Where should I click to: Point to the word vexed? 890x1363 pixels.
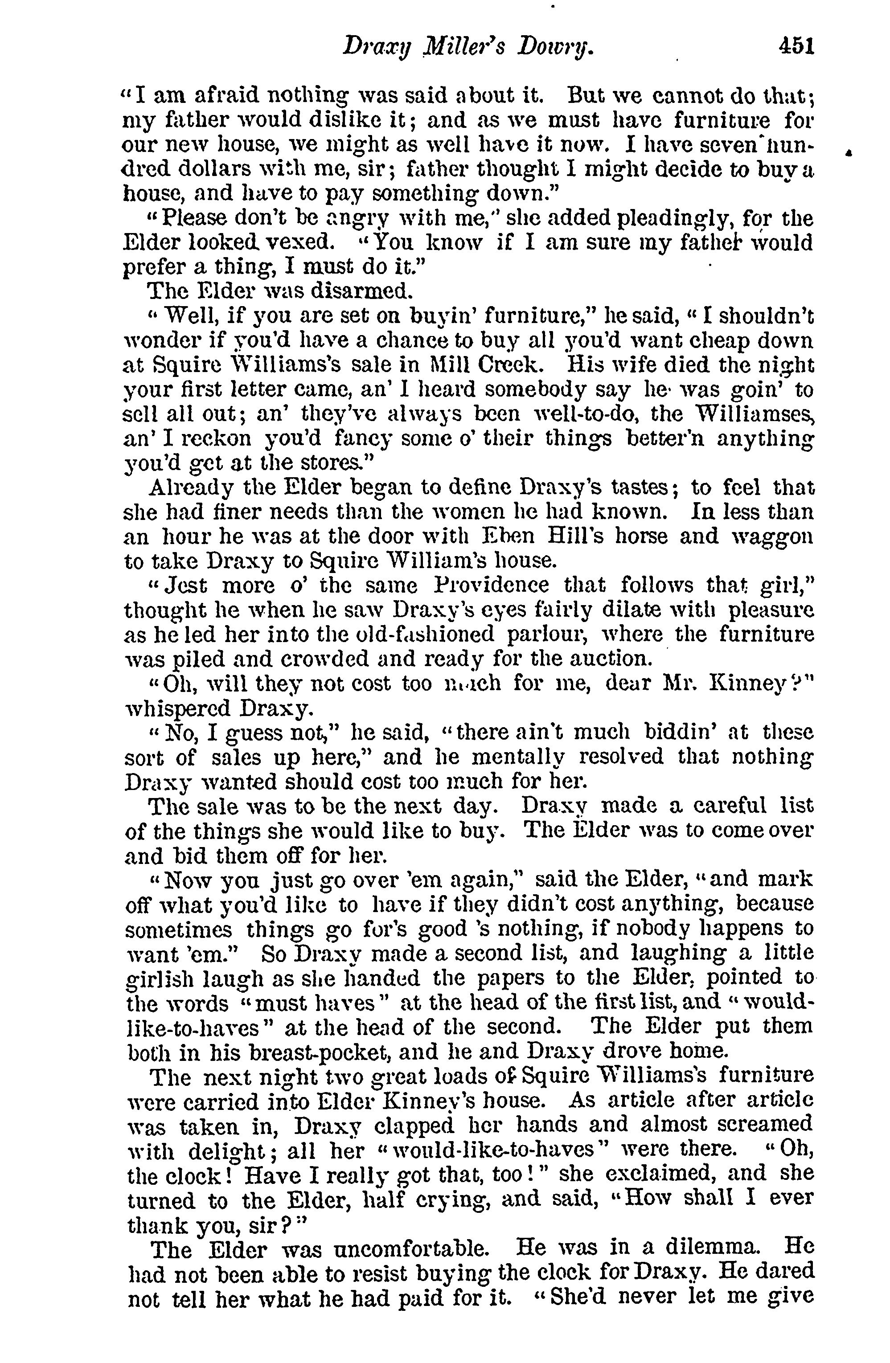point(295,243)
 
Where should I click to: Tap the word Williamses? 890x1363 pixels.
point(756,413)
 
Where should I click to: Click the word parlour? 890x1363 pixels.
point(549,634)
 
